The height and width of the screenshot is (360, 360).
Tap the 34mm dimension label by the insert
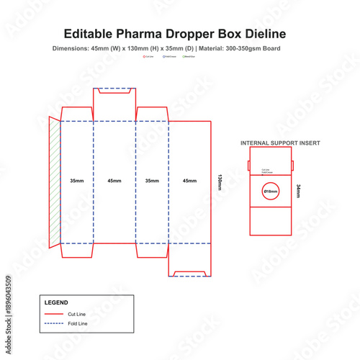pos(298,191)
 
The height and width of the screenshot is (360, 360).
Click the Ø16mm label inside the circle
pos(271,192)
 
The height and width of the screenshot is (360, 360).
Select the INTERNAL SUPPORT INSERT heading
pos(280,143)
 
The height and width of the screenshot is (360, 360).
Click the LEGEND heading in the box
pos(56,302)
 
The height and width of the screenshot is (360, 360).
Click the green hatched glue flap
pos(54,180)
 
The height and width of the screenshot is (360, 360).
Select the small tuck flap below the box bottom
pos(189,267)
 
